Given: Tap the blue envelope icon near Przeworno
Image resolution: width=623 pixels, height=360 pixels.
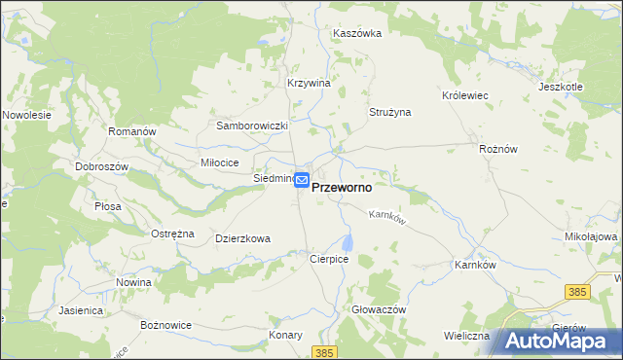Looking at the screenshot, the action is (302, 180).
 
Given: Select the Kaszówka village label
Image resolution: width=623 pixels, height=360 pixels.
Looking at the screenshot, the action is (357, 32).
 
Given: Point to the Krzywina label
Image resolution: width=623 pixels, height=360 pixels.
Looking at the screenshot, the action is (310, 83).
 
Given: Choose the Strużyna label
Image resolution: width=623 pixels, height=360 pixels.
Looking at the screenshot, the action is (389, 112).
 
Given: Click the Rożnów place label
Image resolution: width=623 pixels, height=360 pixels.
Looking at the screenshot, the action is (498, 149).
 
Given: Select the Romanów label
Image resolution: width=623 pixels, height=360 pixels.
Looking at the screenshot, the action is (131, 131).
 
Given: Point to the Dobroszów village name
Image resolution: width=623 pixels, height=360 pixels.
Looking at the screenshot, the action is (102, 166).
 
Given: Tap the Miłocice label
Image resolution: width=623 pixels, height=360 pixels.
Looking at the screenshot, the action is (219, 162).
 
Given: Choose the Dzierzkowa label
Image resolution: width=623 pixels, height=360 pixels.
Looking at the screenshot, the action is (242, 237).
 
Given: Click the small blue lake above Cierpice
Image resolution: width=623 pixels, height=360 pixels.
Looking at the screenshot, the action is (348, 241).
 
